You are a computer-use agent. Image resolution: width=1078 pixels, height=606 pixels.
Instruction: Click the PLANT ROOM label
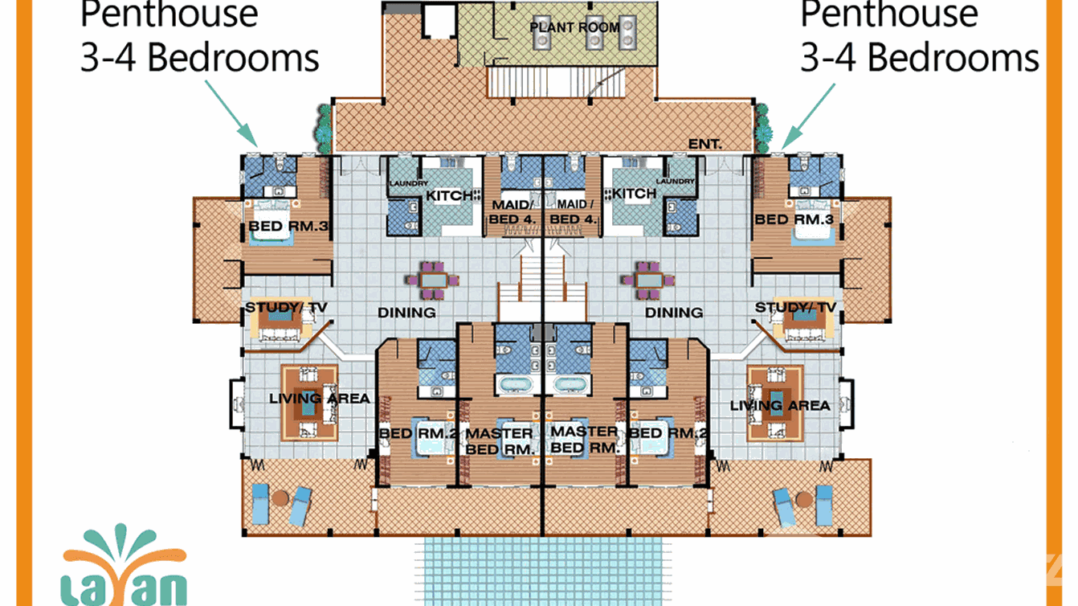coord(574,27)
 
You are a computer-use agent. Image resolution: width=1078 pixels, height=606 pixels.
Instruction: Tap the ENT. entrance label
coord(705,144)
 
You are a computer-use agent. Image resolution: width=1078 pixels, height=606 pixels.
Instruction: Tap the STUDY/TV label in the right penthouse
coord(795,308)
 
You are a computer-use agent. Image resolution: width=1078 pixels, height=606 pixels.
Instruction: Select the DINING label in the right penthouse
coord(674,313)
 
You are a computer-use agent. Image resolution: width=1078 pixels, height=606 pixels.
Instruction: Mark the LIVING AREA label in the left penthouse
coord(319,398)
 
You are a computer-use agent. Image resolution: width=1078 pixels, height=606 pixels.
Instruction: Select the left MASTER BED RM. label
coord(499,441)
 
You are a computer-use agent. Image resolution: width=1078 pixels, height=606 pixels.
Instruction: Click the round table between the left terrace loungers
coord(279,498)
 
